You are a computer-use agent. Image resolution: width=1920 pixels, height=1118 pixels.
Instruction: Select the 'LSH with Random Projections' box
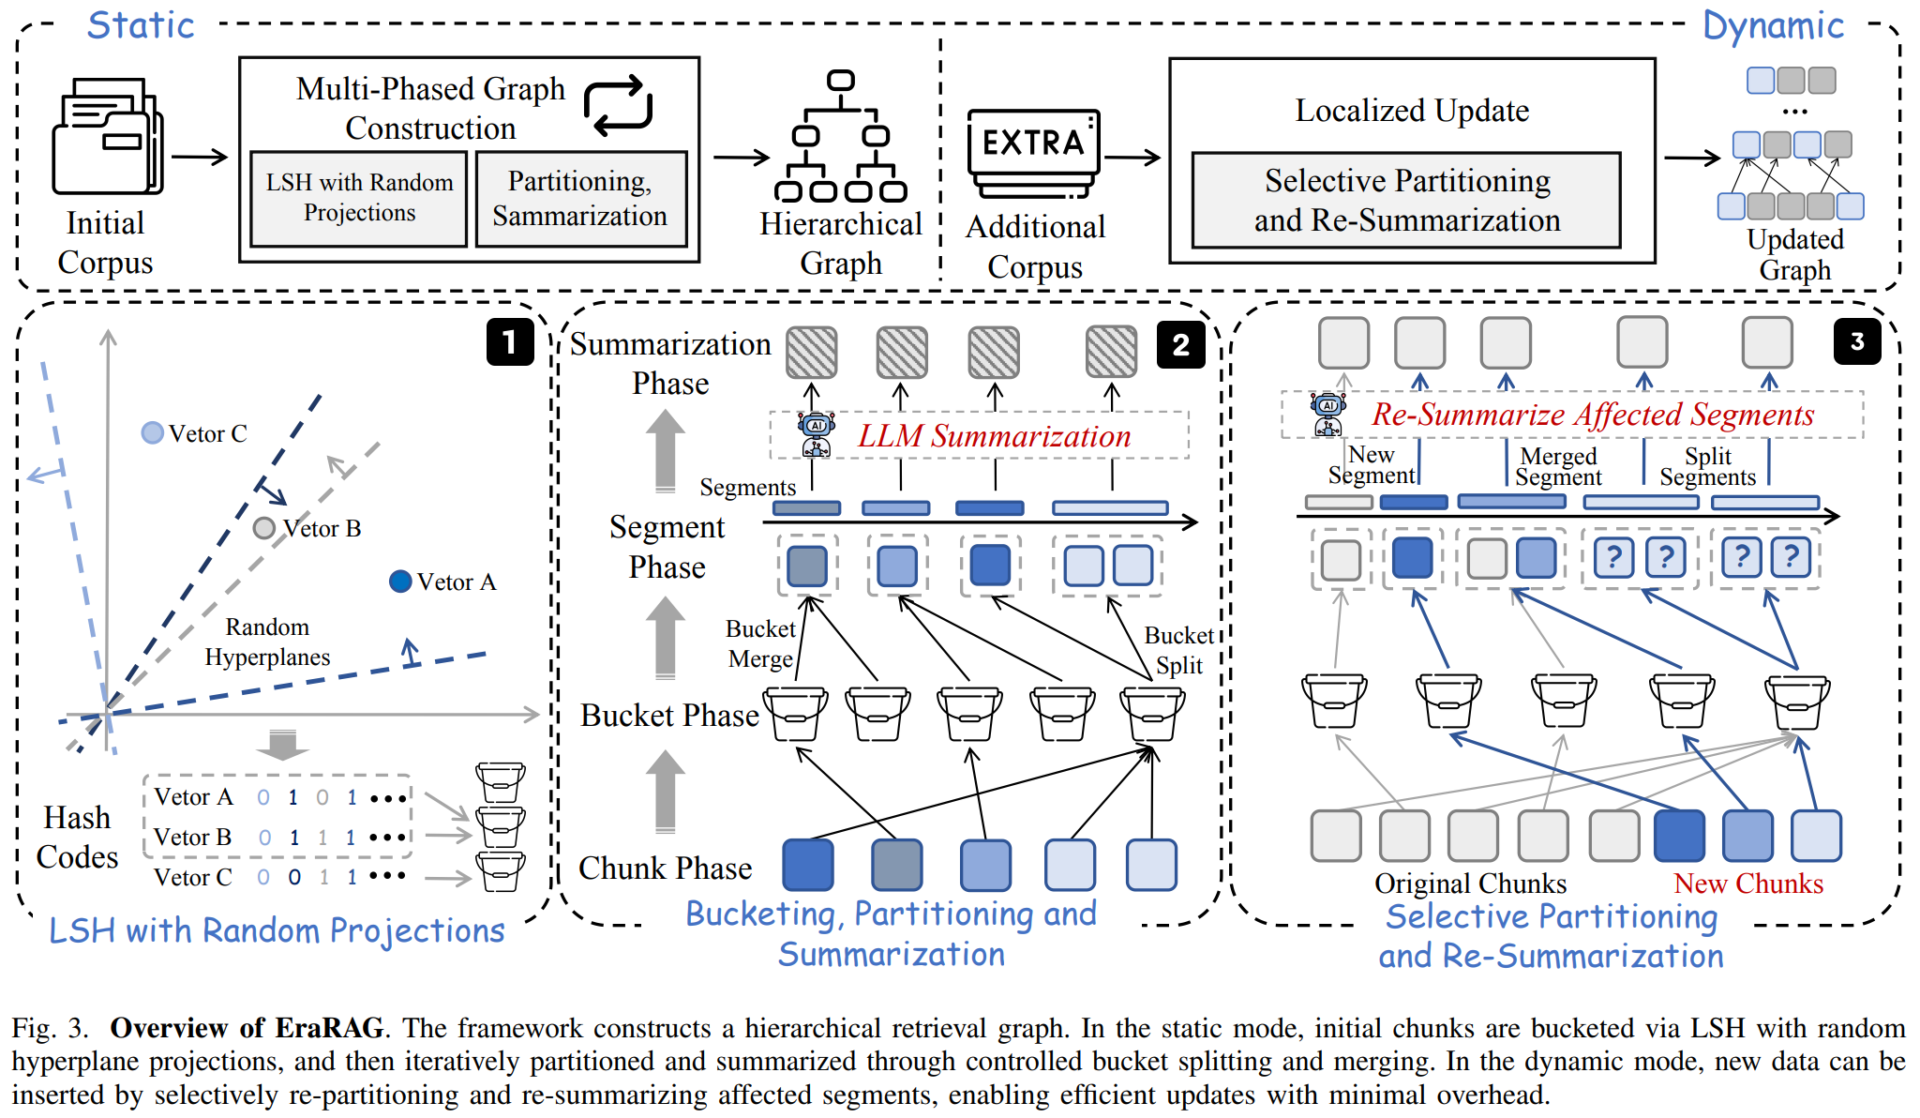[359, 199]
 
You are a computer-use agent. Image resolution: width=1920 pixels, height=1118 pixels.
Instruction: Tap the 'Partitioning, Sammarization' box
[580, 199]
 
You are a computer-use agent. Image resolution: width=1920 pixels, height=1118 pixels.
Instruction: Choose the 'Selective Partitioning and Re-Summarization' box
[1406, 200]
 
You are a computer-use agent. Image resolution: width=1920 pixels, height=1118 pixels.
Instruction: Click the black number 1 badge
[509, 341]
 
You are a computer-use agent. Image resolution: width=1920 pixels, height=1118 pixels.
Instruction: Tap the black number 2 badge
[1180, 344]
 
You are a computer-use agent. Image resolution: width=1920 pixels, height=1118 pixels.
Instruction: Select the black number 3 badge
[1856, 341]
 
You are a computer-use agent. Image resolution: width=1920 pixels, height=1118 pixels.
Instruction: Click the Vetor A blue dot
[400, 582]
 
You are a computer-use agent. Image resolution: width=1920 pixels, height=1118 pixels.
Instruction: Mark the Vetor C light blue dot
[152, 432]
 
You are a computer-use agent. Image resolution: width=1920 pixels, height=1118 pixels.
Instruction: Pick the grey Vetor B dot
[264, 528]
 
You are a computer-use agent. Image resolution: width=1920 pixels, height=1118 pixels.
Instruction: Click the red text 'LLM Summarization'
[994, 436]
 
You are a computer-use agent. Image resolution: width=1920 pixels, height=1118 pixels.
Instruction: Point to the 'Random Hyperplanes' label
[267, 642]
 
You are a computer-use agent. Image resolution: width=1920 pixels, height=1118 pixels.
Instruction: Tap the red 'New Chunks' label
[1747, 884]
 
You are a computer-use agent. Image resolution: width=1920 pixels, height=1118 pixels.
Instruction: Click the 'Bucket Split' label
[1178, 650]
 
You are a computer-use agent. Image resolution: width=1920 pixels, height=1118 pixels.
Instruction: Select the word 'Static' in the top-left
[141, 25]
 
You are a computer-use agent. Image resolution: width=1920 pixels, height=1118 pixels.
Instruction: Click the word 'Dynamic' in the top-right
[1773, 25]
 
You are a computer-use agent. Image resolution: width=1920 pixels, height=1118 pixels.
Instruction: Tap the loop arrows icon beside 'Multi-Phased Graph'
[618, 104]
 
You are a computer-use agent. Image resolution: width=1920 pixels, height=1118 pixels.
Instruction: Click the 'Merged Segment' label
[1558, 466]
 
